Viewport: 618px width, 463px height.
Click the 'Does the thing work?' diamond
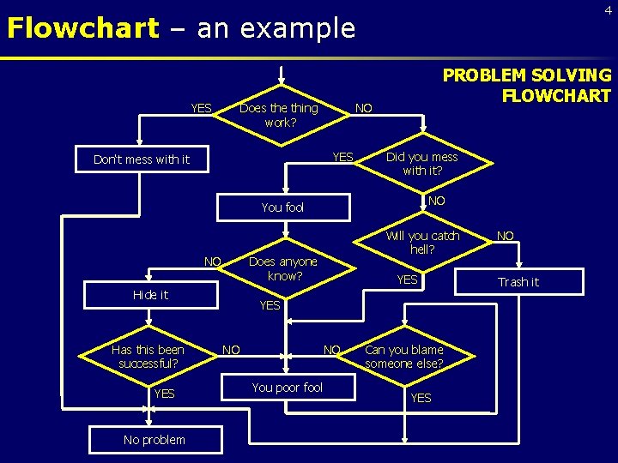(x=278, y=115)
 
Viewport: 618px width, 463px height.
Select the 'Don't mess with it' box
(x=142, y=159)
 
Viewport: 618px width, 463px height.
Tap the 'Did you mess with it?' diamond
(x=421, y=163)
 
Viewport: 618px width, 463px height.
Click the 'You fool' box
(x=283, y=207)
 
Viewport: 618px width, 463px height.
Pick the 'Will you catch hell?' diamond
(x=421, y=242)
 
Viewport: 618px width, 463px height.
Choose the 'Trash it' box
(x=518, y=282)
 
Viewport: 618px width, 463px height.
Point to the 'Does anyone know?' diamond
(x=283, y=268)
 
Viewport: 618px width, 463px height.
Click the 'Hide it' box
(x=150, y=295)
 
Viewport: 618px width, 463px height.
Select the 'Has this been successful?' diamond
(x=148, y=357)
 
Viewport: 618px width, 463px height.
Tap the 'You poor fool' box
(x=287, y=388)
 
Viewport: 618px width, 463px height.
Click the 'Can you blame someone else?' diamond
(x=404, y=357)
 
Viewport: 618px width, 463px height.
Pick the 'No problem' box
(x=154, y=440)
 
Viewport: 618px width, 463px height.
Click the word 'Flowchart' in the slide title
(x=82, y=28)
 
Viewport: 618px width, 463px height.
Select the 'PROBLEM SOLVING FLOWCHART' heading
(x=526, y=85)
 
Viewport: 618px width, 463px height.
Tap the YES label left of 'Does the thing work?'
(x=201, y=108)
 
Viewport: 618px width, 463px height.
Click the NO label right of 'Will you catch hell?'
(x=506, y=234)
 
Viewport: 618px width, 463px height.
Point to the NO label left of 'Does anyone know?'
(x=212, y=261)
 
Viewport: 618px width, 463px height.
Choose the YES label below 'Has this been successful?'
(x=164, y=394)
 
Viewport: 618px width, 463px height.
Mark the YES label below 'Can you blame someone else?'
(x=421, y=398)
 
